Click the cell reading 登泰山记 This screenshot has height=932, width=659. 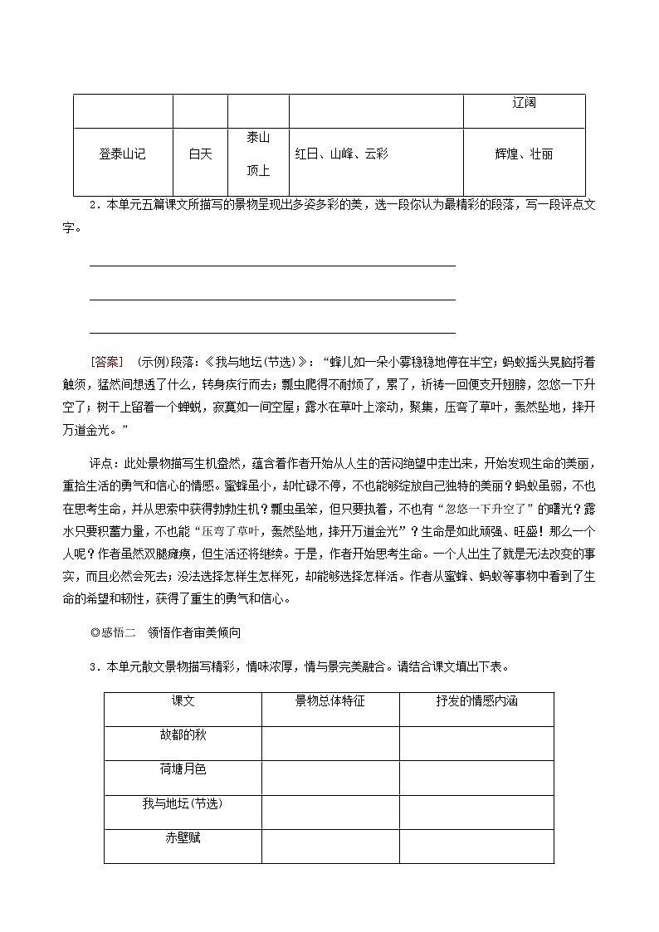122,154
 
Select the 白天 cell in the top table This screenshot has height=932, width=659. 200,154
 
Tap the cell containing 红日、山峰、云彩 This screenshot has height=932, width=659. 342,154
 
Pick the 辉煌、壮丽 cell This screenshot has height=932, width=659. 524,154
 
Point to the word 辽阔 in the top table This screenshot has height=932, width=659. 524,103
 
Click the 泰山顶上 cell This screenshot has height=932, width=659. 258,154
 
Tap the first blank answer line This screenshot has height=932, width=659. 272,266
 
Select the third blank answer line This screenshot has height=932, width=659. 272,332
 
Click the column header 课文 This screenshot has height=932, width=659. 183,701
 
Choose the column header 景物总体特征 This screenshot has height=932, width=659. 329,701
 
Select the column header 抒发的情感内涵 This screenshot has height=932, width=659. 476,701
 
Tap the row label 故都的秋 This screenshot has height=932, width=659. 183,735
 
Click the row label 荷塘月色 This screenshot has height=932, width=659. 183,769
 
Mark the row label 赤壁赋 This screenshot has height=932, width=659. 183,838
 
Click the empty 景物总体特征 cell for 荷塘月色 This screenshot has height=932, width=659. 329,778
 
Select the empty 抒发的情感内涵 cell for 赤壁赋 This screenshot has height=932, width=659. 476,846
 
